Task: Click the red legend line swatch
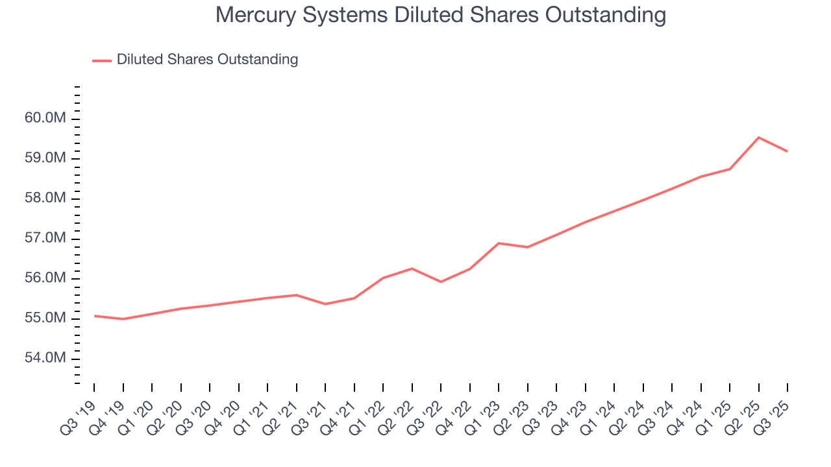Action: [102, 60]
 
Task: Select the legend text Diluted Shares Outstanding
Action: [207, 60]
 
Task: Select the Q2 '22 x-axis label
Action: [397, 415]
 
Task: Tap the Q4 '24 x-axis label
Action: [686, 415]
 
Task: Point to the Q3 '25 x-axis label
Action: [773, 415]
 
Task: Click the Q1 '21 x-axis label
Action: [253, 415]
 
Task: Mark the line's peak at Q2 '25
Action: [759, 138]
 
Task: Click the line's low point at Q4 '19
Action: [123, 319]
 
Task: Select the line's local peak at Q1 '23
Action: [499, 243]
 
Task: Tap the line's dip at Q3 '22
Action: [441, 281]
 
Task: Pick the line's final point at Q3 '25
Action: [788, 151]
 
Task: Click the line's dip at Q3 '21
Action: [325, 304]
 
